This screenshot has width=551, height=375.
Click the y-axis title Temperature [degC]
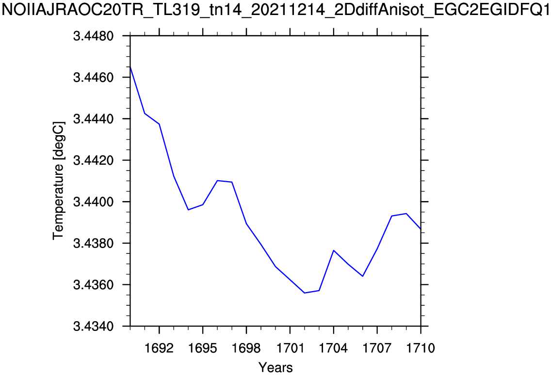pos(58,181)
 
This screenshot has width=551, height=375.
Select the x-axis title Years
pos(275,367)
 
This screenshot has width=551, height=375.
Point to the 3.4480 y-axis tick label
pos(93,36)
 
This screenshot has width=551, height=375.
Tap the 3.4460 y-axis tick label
pos(93,78)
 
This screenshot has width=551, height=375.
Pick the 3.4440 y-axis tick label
pos(93,119)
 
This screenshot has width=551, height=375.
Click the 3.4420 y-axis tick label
pos(93,160)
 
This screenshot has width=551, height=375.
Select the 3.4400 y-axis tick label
pos(93,202)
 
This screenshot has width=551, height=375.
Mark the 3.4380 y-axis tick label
pos(93,243)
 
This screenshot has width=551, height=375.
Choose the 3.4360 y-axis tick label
pos(93,285)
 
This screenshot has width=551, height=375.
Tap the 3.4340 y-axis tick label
pos(93,327)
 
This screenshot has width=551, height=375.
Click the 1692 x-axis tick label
pos(159,348)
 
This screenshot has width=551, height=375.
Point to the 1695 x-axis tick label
pos(203,348)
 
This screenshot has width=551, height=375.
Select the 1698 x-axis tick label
pos(246,348)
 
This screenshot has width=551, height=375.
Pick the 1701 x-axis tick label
pos(290,348)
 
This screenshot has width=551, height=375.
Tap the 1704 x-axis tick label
pos(334,348)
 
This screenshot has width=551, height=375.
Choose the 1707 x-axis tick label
pos(377,348)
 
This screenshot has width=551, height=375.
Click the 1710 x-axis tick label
pos(421,348)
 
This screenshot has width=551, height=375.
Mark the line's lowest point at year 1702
pos(304,293)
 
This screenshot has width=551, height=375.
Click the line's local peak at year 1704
pos(334,250)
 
